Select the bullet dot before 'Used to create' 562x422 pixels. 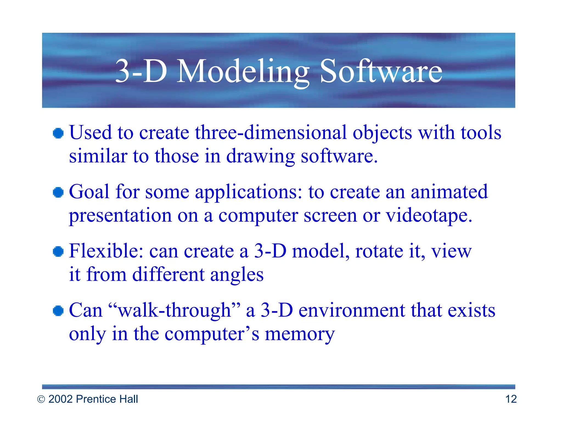point(58,134)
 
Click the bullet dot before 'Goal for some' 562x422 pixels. point(58,192)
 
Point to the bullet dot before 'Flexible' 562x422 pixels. point(58,251)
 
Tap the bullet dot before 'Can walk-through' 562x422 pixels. point(58,311)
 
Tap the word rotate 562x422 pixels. point(379,251)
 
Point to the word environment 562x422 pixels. point(352,310)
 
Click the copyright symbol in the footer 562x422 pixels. point(41,399)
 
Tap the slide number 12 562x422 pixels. point(511,399)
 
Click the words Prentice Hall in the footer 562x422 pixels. point(107,399)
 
